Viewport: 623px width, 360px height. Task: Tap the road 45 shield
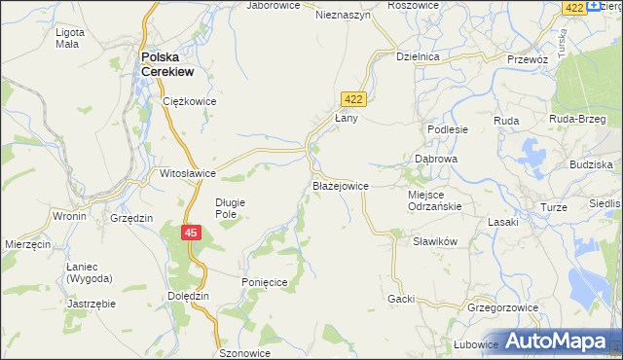pyautogui.click(x=191, y=233)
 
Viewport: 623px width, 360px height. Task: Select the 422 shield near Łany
pyautogui.click(x=353, y=98)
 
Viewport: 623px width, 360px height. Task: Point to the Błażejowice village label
pyautogui.click(x=340, y=185)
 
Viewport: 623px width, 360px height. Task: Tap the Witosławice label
pyautogui.click(x=188, y=173)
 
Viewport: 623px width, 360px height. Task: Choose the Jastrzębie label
pyautogui.click(x=92, y=304)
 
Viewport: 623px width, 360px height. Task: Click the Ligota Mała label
pyautogui.click(x=70, y=38)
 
